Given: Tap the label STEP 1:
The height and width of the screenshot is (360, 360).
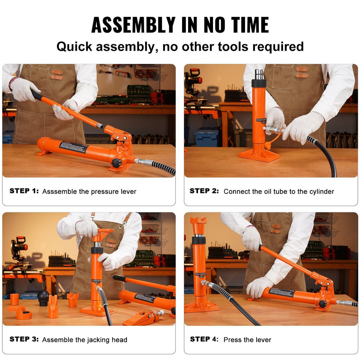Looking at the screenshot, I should pyautogui.click(x=24, y=191).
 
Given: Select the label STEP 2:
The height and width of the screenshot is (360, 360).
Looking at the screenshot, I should pyautogui.click(x=204, y=191).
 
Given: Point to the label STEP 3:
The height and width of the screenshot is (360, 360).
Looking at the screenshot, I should pyautogui.click(x=24, y=339).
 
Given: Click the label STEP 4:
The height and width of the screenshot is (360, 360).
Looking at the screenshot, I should pyautogui.click(x=204, y=339).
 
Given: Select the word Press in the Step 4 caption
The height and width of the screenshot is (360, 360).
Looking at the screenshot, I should pyautogui.click(x=232, y=340).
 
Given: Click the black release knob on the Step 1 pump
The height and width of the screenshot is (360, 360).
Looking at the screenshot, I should pyautogui.click(x=116, y=163).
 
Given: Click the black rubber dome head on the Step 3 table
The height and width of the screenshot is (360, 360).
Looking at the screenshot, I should pyautogui.click(x=43, y=297).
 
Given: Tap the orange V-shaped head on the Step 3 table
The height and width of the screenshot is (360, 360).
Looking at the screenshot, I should pyautogui.click(x=53, y=306).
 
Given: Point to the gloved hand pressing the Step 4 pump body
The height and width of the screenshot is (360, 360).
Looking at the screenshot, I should pyautogui.click(x=258, y=287).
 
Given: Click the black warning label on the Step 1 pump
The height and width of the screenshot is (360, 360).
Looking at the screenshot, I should pyautogui.click(x=73, y=147).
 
